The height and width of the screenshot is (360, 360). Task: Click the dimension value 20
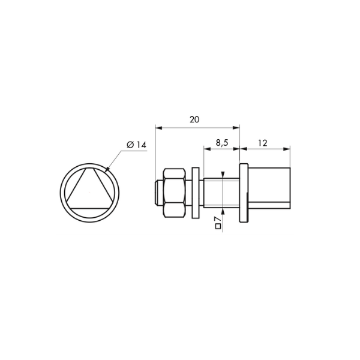(x=194, y=119)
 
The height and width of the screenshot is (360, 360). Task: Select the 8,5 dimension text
(x=222, y=143)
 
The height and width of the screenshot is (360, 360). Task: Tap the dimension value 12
(x=263, y=143)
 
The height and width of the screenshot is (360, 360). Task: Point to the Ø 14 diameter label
(x=136, y=145)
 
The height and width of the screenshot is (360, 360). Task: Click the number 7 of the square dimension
(x=218, y=219)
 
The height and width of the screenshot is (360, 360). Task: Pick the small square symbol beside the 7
(x=218, y=226)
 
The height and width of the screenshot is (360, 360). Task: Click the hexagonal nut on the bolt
(x=174, y=193)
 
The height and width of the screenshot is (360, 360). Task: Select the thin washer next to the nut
(x=196, y=193)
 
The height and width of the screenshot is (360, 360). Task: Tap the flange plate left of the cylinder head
(x=244, y=193)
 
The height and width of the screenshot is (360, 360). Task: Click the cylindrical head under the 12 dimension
(x=269, y=188)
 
